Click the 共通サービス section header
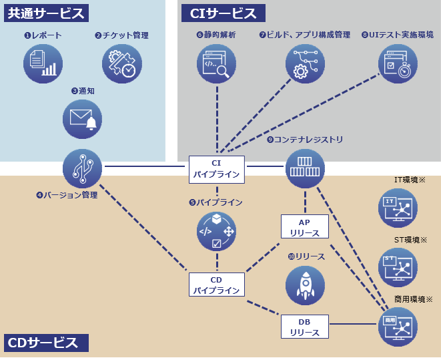click(46, 13)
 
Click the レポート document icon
click(43, 63)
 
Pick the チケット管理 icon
click(122, 63)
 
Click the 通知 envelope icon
click(83, 119)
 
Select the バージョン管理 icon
click(83, 168)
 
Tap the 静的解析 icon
click(217, 63)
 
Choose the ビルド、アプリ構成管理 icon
click(305, 63)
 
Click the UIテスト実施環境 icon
click(398, 63)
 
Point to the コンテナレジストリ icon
click(305, 168)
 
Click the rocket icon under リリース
click(305, 285)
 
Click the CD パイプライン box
click(216, 285)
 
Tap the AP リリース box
click(305, 227)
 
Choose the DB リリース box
click(305, 327)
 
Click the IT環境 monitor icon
click(398, 208)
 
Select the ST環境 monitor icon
click(398, 267)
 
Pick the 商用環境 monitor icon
click(398, 327)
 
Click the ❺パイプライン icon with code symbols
click(216, 231)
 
